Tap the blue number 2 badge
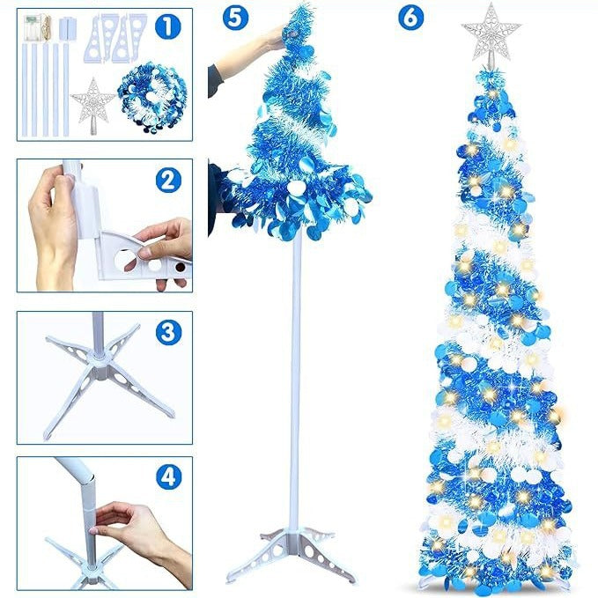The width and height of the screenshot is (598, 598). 167,180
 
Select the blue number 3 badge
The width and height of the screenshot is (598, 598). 167,332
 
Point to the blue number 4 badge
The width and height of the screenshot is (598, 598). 167,476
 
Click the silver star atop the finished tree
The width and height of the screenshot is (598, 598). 491,32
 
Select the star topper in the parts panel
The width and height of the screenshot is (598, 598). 94,101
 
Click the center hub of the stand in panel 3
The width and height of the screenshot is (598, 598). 105,370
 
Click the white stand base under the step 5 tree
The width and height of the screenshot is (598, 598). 291,550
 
